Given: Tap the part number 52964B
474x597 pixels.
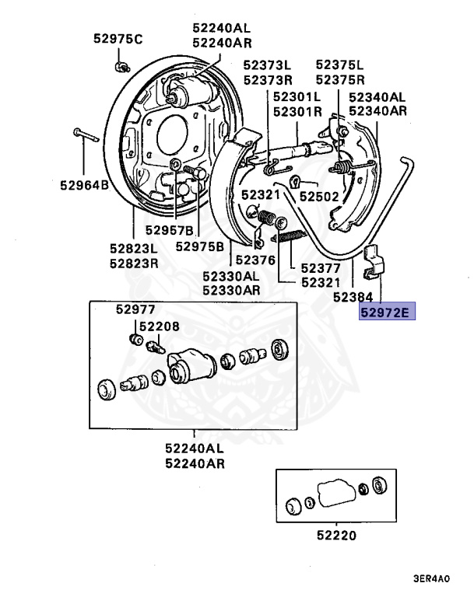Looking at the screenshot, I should (x=84, y=185).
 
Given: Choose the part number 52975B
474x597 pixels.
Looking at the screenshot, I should (x=200, y=246).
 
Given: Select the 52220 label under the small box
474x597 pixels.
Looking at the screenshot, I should (x=337, y=536).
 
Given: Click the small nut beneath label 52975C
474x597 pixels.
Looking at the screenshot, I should (x=121, y=64).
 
